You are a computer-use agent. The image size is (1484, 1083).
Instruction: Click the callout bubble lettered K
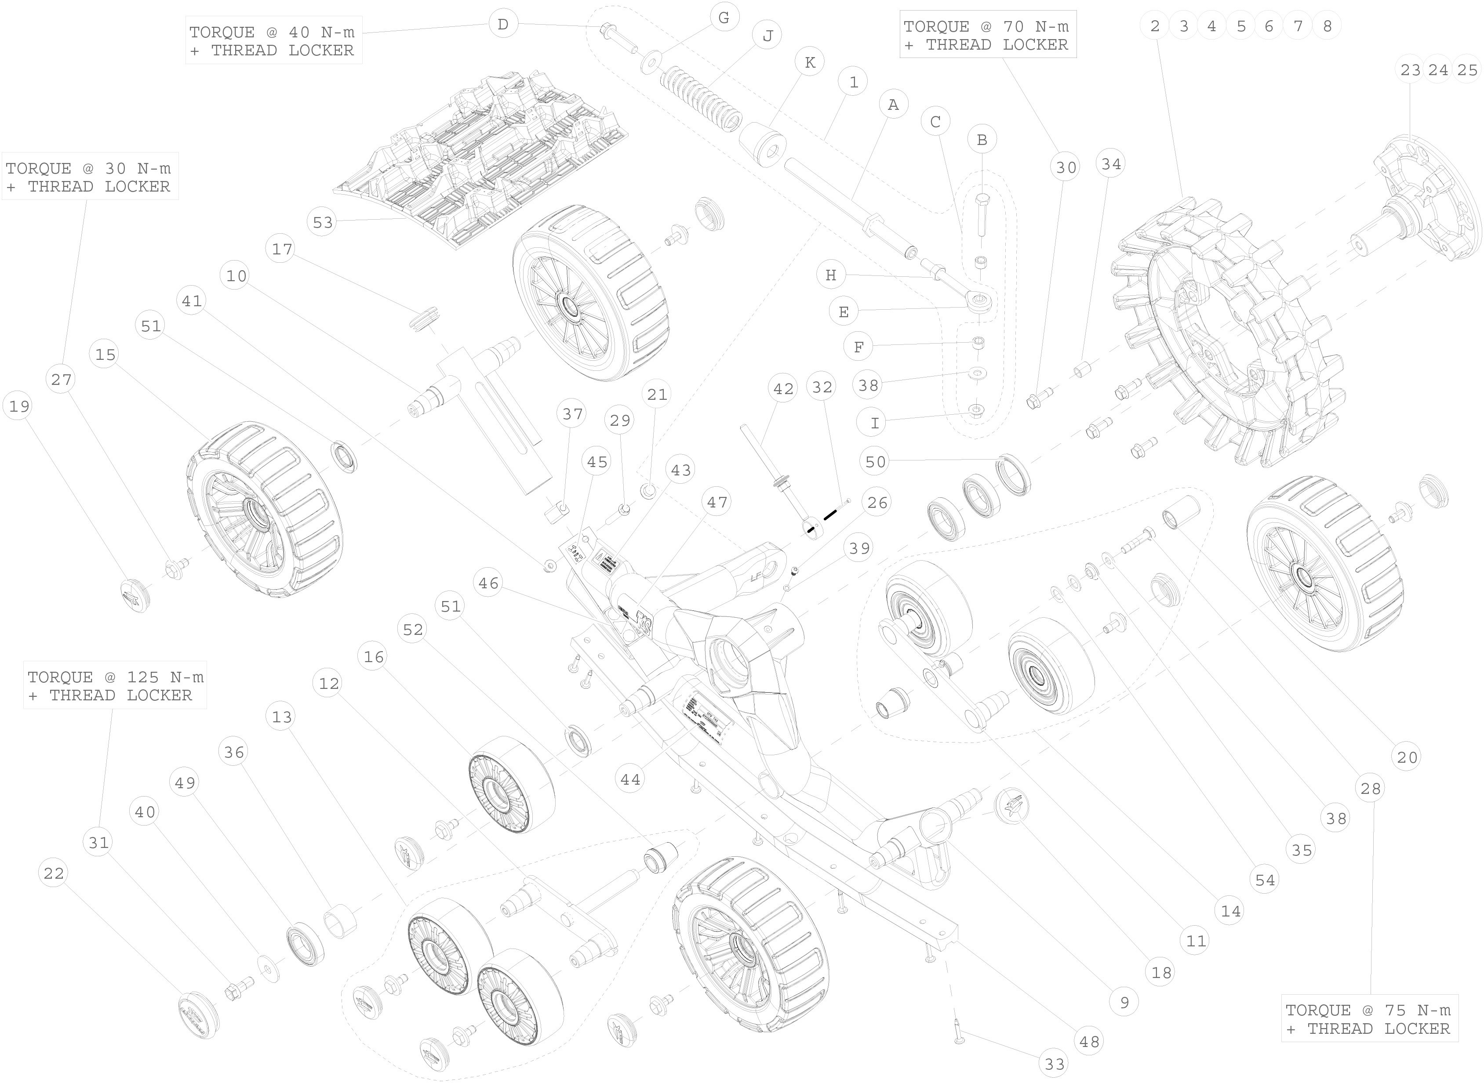point(810,62)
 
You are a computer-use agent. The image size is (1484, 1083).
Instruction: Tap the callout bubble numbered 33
point(1055,1065)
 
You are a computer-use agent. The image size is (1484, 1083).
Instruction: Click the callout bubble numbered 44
point(630,779)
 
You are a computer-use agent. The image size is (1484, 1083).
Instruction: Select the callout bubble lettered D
point(503,25)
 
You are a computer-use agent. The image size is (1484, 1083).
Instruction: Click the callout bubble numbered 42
point(783,389)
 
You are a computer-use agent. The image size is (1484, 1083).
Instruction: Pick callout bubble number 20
point(1407,757)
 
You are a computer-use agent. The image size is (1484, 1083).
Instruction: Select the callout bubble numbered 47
point(717,502)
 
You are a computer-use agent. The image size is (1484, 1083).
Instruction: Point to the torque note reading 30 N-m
point(89,177)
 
